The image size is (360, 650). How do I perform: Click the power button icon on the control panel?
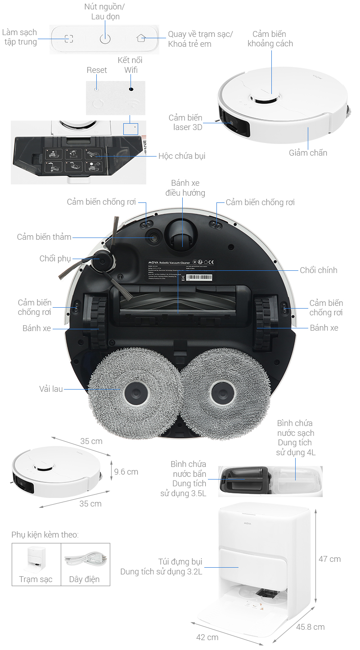click(105, 39)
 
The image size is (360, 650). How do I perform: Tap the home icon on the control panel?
click(141, 38)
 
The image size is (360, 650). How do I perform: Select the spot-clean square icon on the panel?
click(68, 39)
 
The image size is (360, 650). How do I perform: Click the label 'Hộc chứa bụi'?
click(182, 156)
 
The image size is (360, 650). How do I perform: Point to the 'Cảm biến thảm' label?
click(44, 237)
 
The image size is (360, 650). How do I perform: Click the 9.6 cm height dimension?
click(126, 472)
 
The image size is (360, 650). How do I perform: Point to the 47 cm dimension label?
click(329, 559)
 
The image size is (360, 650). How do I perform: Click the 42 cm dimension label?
click(207, 637)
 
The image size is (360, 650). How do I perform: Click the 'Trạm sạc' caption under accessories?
click(36, 579)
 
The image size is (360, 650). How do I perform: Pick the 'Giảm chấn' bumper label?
click(308, 153)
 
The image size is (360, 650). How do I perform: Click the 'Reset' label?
click(97, 70)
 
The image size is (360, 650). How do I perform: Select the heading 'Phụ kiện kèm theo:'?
click(45, 535)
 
